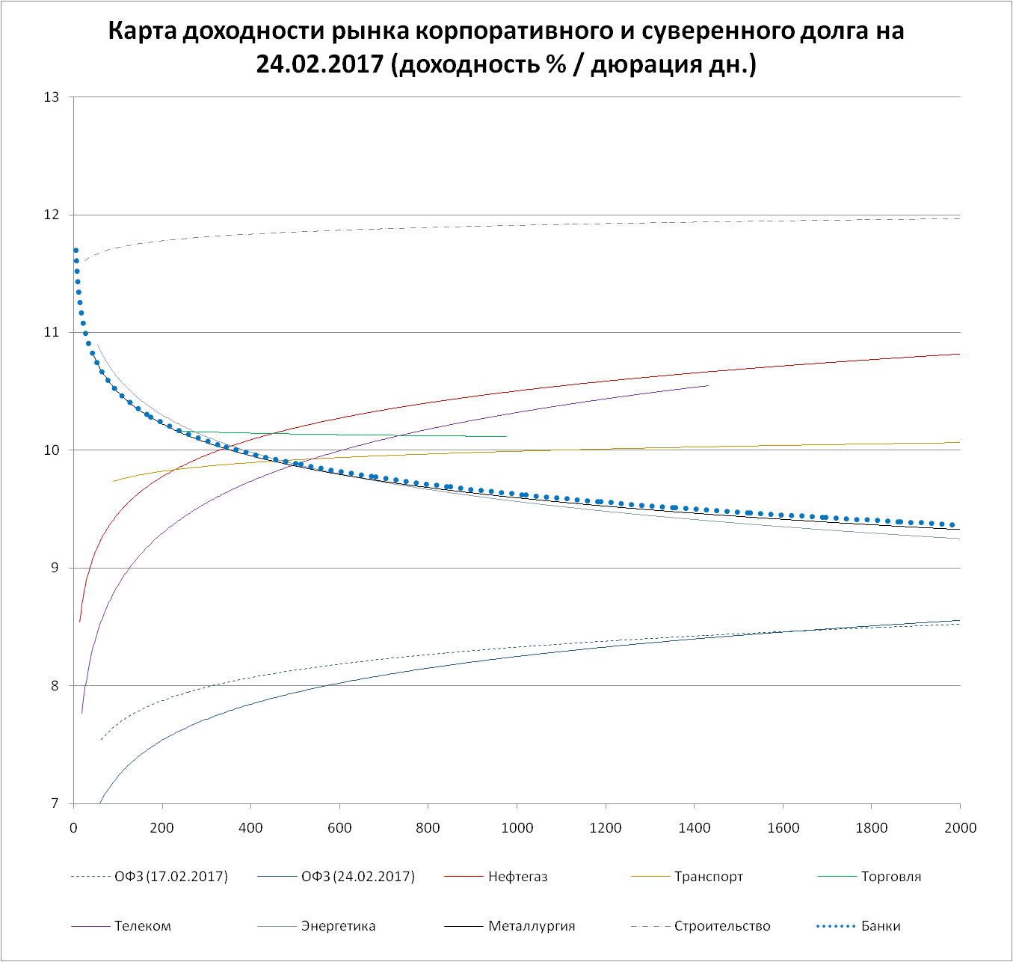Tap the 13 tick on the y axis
[x=52, y=97]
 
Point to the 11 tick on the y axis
[x=52, y=332]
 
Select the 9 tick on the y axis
[x=55, y=568]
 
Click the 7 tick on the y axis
[x=55, y=803]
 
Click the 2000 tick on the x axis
[x=960, y=827]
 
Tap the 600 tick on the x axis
[x=339, y=827]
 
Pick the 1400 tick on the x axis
[x=694, y=827]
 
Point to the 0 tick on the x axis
[x=73, y=827]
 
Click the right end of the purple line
[x=707, y=385]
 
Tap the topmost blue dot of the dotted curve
[x=76, y=251]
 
